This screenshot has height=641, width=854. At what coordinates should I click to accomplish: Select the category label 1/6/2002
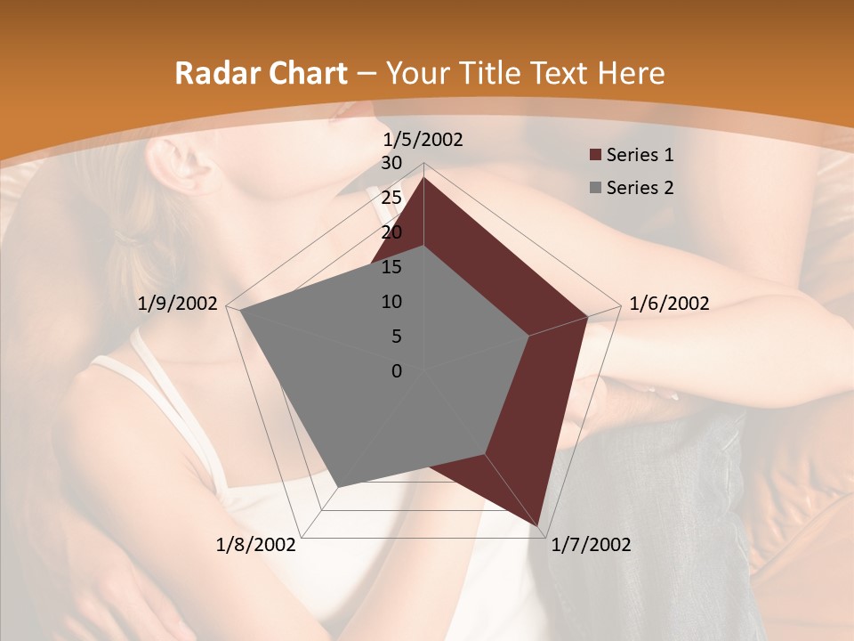click(x=669, y=304)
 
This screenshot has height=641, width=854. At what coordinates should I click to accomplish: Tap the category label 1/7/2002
click(x=591, y=544)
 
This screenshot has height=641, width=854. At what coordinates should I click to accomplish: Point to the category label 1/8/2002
click(x=256, y=544)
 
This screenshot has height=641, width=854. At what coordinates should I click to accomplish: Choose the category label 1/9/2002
click(x=178, y=304)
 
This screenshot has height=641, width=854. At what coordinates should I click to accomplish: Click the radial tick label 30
click(x=391, y=163)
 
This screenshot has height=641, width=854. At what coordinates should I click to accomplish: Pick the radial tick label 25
click(x=391, y=198)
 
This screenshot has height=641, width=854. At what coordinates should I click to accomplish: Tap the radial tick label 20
click(x=391, y=232)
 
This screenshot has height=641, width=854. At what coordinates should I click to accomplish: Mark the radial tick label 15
click(x=391, y=267)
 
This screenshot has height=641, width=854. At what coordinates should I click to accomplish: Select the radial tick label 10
click(x=391, y=302)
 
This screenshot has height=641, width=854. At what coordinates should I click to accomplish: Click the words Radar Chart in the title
click(x=261, y=74)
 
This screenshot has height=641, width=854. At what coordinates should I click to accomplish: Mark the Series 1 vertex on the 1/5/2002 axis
click(x=423, y=177)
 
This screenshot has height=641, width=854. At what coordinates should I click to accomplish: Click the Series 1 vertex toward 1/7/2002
click(x=537, y=524)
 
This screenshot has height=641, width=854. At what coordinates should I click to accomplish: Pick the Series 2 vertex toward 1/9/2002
click(x=241, y=311)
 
